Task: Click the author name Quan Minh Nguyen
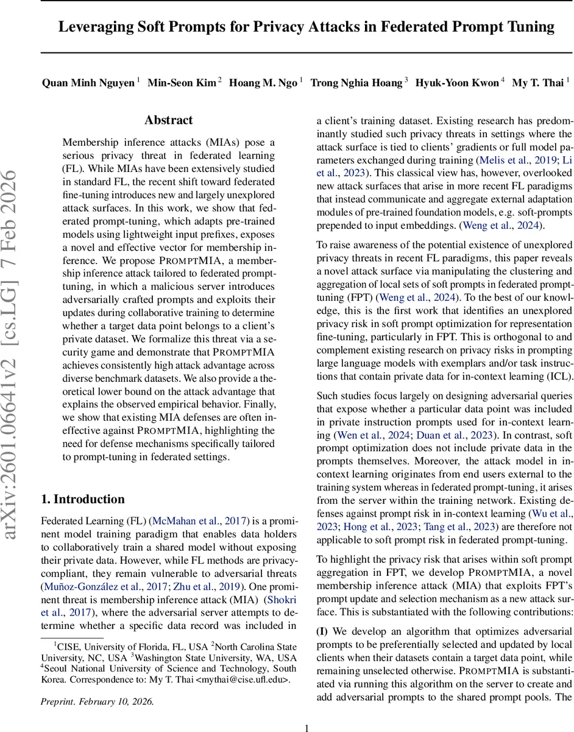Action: tap(88, 83)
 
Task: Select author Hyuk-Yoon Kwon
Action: tap(457, 83)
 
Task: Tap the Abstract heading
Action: tap(169, 120)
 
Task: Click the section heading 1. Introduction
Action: tap(83, 499)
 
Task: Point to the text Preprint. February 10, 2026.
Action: tap(97, 701)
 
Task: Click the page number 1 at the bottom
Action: tap(307, 727)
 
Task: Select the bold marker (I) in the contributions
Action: tap(322, 631)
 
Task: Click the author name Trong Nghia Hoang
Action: tap(356, 83)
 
